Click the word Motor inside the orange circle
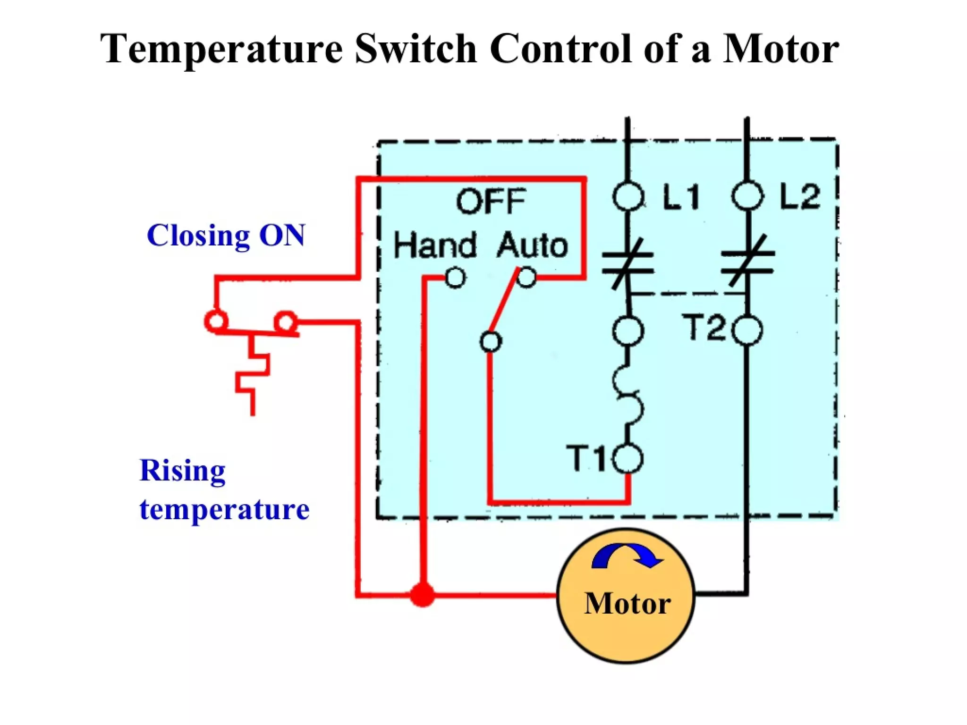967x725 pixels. pos(627,603)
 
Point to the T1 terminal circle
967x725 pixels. pos(628,458)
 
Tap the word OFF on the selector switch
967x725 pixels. pos(491,202)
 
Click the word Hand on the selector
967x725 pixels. pos(434,245)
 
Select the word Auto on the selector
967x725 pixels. pos(532,245)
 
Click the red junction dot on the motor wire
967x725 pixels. pos(422,594)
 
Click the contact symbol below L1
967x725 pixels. pos(628,263)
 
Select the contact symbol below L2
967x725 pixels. pos(747,262)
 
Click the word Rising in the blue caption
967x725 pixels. pos(183,471)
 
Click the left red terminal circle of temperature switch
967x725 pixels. pos(216,321)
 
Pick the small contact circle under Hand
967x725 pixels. pos(456,278)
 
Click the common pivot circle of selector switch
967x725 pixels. pos(491,341)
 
